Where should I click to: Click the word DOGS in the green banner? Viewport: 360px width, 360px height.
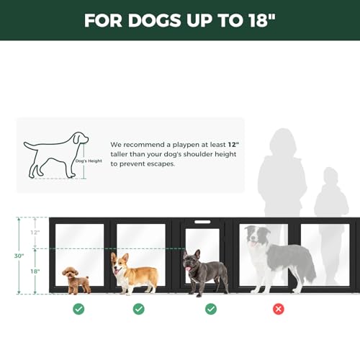tap(154, 20)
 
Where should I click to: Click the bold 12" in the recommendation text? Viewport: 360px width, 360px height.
tap(233, 145)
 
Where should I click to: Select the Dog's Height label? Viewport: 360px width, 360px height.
tap(89, 161)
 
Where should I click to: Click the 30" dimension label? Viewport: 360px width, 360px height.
tap(19, 256)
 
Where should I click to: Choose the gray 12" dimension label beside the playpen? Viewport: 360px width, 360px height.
tap(35, 233)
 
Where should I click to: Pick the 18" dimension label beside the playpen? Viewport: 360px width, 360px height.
tap(35, 271)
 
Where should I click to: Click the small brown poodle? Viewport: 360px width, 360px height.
tap(76, 280)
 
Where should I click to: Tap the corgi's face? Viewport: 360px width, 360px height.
tap(120, 264)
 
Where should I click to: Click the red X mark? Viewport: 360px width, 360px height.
tap(279, 309)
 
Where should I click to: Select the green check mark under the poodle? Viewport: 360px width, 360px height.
tap(78, 309)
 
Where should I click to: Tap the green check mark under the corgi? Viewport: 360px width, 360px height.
tap(139, 309)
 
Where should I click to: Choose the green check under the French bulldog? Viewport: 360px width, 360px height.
tap(211, 309)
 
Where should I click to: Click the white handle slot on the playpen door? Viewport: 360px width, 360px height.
tap(202, 222)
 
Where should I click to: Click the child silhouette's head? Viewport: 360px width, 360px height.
tap(330, 176)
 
